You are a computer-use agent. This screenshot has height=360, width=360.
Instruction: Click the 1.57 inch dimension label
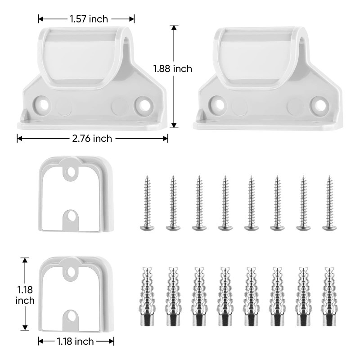(x=89, y=19)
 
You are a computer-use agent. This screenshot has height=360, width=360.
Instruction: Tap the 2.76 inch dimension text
(x=92, y=139)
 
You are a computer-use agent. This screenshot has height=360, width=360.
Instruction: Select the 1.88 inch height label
(x=173, y=69)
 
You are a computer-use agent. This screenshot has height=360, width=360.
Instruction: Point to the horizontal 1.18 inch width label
(x=75, y=342)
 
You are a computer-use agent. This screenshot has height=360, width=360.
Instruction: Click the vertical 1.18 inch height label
(x=25, y=295)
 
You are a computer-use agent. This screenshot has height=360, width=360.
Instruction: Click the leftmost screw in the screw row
(x=147, y=203)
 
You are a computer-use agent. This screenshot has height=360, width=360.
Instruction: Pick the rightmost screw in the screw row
(x=330, y=203)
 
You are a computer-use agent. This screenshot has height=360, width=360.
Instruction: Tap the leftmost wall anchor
(x=147, y=297)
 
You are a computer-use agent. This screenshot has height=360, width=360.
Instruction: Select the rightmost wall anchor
(x=329, y=297)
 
